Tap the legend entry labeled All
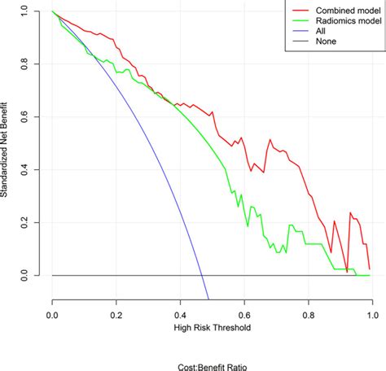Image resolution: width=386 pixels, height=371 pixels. click(x=315, y=34)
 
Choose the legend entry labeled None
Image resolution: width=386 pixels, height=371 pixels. click(x=320, y=46)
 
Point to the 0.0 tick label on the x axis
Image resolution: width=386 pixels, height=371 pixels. click(x=53, y=312)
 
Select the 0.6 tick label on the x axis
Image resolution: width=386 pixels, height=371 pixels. click(x=244, y=312)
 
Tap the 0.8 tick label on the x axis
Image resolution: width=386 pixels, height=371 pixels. click(x=309, y=312)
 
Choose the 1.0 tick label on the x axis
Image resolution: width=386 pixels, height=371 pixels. click(x=372, y=312)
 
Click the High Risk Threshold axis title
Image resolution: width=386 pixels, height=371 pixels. click(x=213, y=328)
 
